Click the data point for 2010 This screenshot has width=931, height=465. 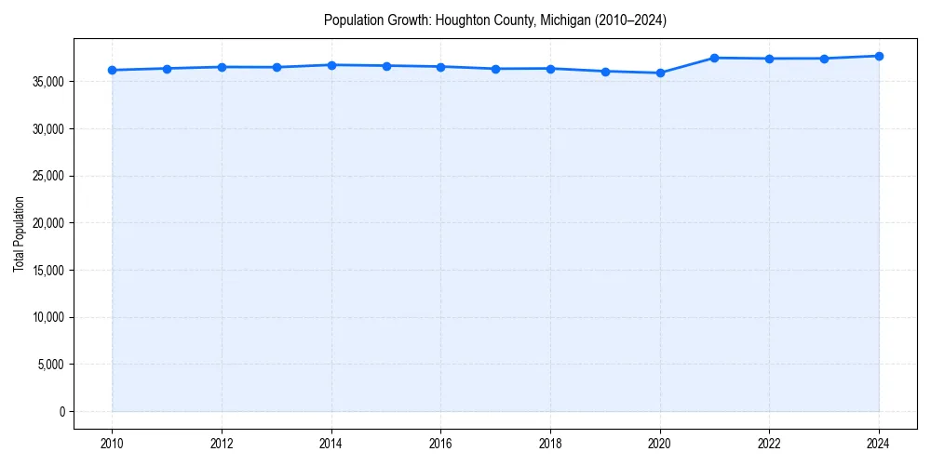click(112, 70)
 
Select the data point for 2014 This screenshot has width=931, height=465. click(331, 65)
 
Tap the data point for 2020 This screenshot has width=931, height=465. click(660, 73)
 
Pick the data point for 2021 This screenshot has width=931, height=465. click(714, 58)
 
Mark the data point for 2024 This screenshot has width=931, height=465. click(879, 56)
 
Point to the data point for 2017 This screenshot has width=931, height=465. click(495, 69)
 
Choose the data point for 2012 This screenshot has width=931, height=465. click(222, 67)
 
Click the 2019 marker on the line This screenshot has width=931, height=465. click(605, 71)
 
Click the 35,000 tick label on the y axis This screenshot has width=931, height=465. click(47, 82)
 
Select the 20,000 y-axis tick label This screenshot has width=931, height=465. click(47, 223)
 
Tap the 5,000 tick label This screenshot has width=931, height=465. click(50, 365)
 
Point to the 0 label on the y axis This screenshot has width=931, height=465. click(61, 411)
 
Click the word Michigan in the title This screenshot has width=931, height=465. click(565, 20)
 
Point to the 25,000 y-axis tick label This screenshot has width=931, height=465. click(47, 176)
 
